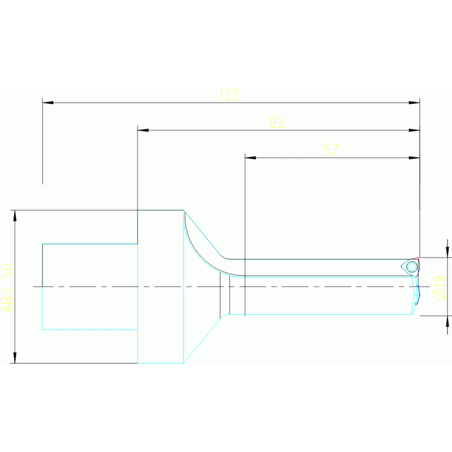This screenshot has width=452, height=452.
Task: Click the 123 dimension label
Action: [229, 94]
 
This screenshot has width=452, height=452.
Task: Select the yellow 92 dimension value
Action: [277, 123]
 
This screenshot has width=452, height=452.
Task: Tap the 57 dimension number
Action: [331, 150]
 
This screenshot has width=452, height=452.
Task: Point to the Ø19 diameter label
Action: [440, 288]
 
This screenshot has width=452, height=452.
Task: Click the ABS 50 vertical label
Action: [6, 288]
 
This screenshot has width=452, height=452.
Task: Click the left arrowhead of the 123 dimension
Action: [48, 103]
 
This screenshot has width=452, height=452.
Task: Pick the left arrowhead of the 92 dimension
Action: [143, 130]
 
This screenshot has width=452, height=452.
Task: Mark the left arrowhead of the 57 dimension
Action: [250, 158]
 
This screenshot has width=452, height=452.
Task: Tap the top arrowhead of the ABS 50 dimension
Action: [15, 216]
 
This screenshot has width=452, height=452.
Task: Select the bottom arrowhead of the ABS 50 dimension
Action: [15, 357]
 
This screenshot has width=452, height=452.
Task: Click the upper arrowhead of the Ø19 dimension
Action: [447, 252]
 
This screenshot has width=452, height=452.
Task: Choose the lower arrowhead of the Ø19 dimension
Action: [447, 321]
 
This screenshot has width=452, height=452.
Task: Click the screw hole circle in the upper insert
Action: [412, 266]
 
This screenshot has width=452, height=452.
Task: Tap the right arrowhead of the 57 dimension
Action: [414, 158]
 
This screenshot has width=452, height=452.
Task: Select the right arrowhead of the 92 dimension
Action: [414, 130]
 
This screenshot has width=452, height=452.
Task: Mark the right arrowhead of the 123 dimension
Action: [414, 103]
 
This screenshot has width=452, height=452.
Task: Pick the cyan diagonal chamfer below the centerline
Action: [204, 339]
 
